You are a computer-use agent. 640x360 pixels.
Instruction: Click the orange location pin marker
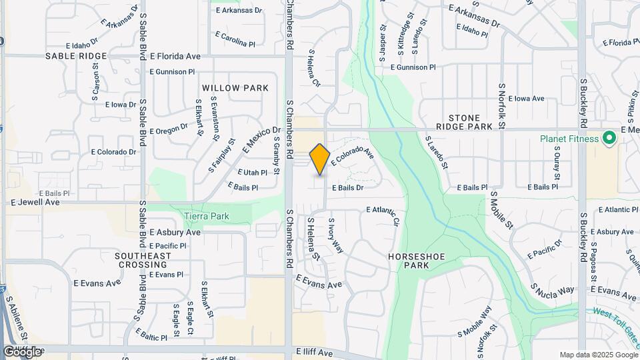coord(320,159)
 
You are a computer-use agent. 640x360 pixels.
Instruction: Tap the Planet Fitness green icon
coord(608,139)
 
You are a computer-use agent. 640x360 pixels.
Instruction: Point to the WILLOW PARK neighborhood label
coord(235,88)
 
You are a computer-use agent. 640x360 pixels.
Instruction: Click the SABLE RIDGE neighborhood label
coord(76,56)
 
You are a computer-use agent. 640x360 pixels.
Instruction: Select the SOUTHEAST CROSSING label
coord(142,260)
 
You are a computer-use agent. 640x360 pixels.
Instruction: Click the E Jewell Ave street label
coord(35,201)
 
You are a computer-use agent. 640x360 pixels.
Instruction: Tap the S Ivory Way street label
coord(335,235)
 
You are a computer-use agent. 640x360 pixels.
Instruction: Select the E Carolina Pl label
coord(235,35)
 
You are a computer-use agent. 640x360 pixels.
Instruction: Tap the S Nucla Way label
coord(553,290)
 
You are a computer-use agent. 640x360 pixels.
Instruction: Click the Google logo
coord(22,351)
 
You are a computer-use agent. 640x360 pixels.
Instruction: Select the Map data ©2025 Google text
coord(598,355)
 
